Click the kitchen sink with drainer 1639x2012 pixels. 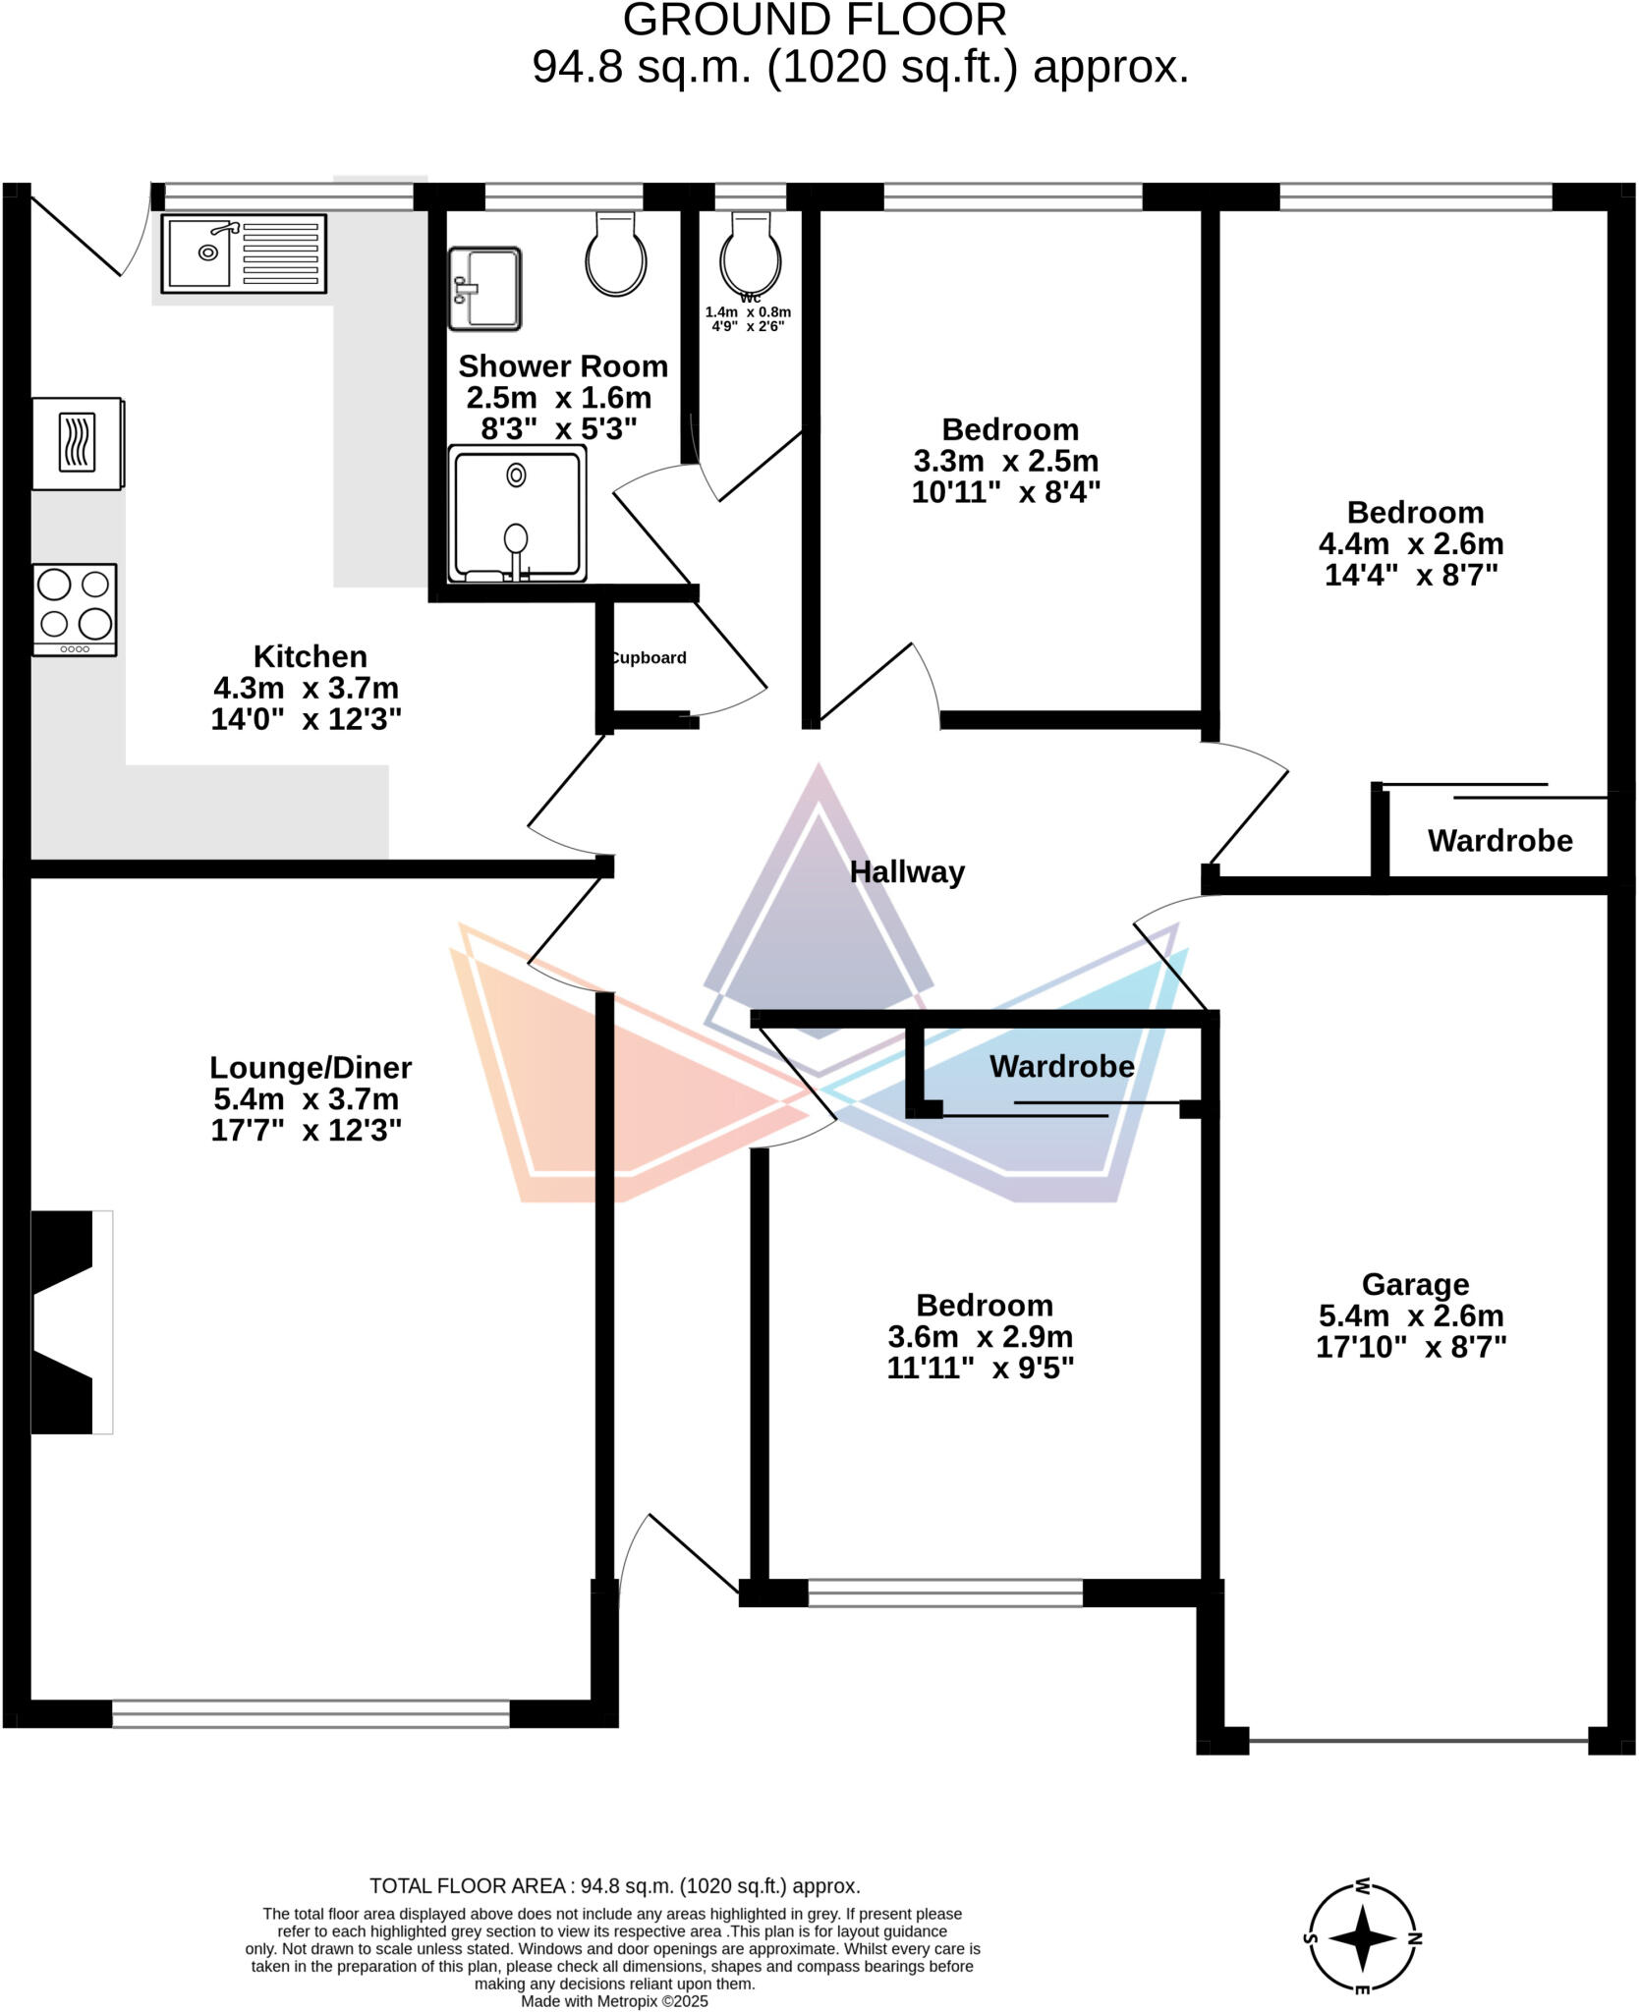tap(244, 253)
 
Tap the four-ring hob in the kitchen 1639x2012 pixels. tap(75, 608)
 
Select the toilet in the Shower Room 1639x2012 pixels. tap(616, 256)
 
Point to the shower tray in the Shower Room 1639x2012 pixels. tap(517, 514)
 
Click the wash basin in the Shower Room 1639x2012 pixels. tap(484, 288)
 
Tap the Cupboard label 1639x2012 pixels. tap(648, 658)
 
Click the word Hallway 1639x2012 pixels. tap(906, 872)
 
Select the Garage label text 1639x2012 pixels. tap(1415, 1284)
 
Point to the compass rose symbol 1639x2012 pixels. tap(1363, 1938)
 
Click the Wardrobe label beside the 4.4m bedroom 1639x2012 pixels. tap(1499, 841)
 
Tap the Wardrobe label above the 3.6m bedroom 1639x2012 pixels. tap(1061, 1067)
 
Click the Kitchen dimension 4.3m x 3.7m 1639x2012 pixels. tap(306, 688)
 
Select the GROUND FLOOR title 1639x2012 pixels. tap(815, 21)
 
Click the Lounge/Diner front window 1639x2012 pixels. tap(311, 1713)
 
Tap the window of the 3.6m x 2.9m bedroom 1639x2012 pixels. tap(945, 1593)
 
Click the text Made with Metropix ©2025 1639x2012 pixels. tap(614, 2001)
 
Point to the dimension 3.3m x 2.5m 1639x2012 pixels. tap(1006, 461)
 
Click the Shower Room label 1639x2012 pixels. tap(563, 366)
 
